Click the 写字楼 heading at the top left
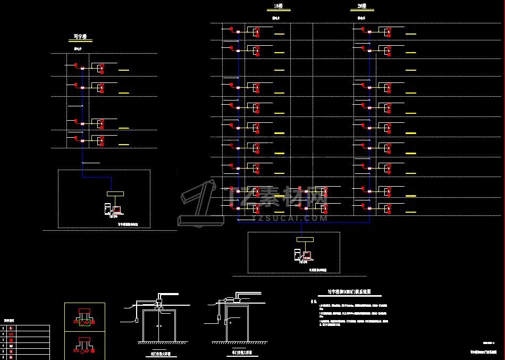pos(80,37)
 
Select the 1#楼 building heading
pos(278,6)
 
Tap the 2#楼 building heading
pos(361,6)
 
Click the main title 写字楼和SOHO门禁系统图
pos(352,291)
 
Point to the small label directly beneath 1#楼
pos(276,18)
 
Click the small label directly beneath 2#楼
pos(361,18)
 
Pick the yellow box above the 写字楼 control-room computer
pos(115,194)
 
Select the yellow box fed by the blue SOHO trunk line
pos(305,239)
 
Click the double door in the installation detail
pos(159,325)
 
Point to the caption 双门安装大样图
pos(160,354)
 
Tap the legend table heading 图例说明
pos(10,321)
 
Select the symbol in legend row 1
pos(11,328)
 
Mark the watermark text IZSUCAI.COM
pos(290,218)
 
